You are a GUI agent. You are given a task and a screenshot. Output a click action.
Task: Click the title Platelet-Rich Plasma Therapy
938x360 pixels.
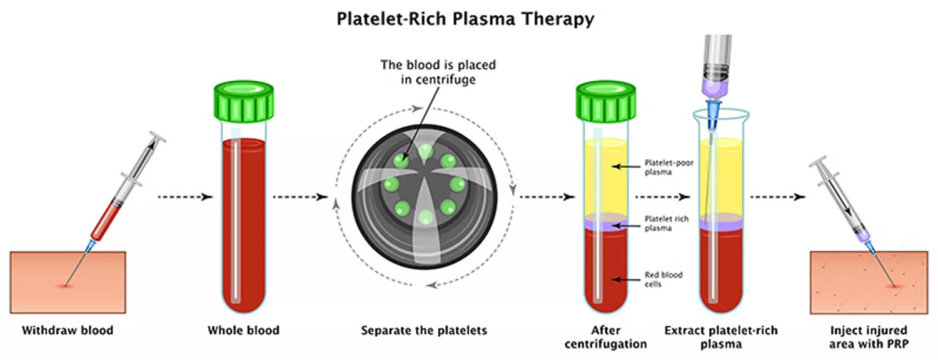point(465,19)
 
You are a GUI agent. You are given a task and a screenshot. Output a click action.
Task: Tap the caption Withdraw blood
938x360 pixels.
point(68,330)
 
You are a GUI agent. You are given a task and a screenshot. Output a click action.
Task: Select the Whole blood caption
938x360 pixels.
point(243,330)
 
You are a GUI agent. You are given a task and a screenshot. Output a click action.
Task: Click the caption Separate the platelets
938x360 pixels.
point(424,330)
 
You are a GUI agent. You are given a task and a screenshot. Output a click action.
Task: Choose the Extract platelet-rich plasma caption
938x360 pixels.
point(721,336)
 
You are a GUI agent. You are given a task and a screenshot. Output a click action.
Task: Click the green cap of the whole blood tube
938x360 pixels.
point(243,104)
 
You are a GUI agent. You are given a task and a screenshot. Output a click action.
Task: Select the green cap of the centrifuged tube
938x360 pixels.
point(606,104)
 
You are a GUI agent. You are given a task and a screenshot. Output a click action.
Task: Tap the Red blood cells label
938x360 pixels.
point(663,279)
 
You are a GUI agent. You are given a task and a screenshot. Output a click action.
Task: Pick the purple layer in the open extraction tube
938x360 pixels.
point(721,224)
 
